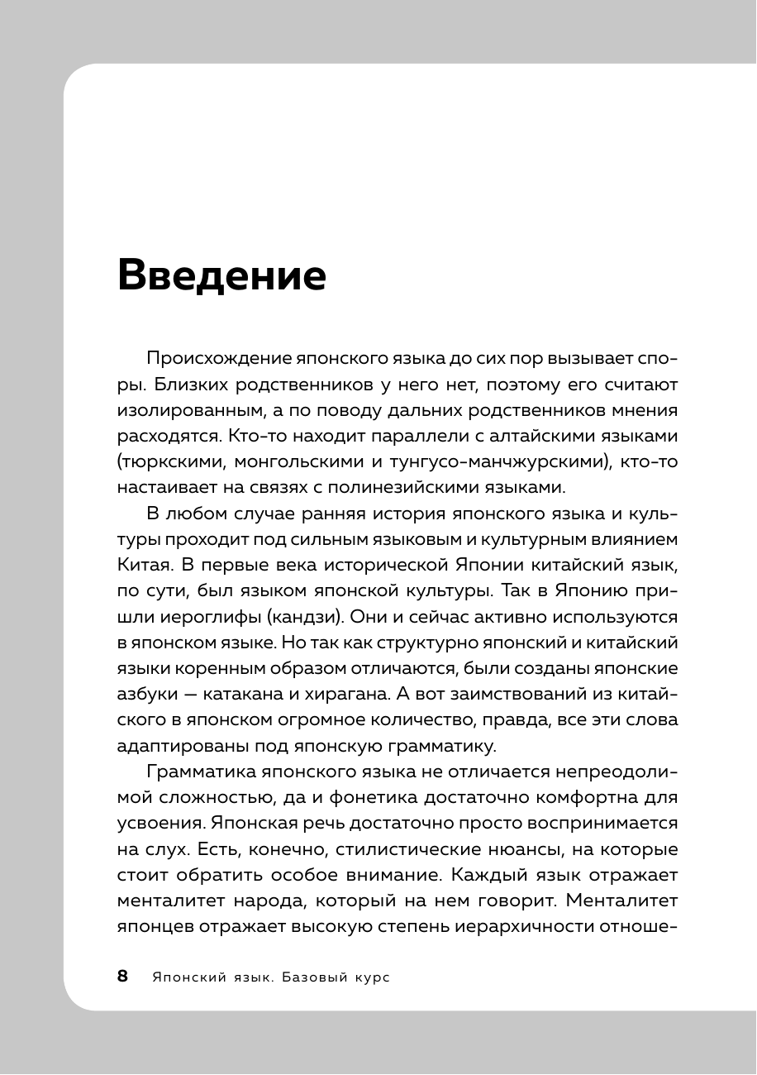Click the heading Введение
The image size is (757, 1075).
221,275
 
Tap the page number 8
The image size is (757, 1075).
123,977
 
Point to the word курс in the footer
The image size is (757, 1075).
367,977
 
